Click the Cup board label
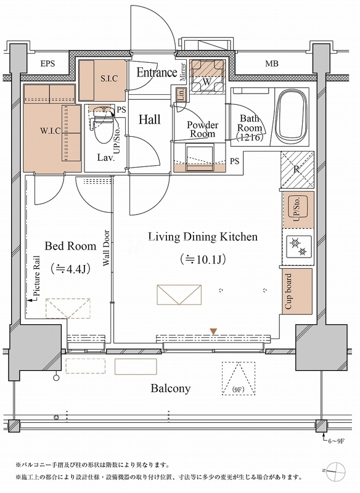click(x=288, y=291)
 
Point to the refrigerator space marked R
click(x=297, y=169)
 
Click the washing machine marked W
click(x=207, y=76)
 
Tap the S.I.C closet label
click(x=109, y=78)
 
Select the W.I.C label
click(x=51, y=130)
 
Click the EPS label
click(x=48, y=64)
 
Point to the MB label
click(x=272, y=64)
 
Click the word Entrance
click(x=157, y=73)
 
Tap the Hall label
click(x=150, y=120)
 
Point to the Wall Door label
click(x=106, y=248)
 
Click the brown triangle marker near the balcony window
click(x=213, y=331)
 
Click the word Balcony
click(x=171, y=389)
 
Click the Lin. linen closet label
click(x=181, y=94)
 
